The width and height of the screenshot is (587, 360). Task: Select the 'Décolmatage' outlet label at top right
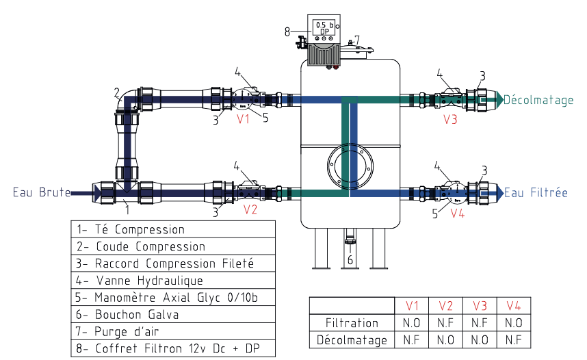539,100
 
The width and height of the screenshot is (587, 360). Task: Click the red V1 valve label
243,119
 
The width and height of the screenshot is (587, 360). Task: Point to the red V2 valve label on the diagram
250,210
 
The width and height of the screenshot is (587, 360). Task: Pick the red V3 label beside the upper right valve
449,119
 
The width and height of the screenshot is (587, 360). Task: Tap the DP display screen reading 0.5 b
322,27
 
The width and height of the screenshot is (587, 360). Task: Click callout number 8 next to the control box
287,30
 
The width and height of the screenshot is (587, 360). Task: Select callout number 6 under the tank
350,261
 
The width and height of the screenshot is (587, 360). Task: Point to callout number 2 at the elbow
117,92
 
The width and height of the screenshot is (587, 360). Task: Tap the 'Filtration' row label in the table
352,322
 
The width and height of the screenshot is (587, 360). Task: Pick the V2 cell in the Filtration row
446,322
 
